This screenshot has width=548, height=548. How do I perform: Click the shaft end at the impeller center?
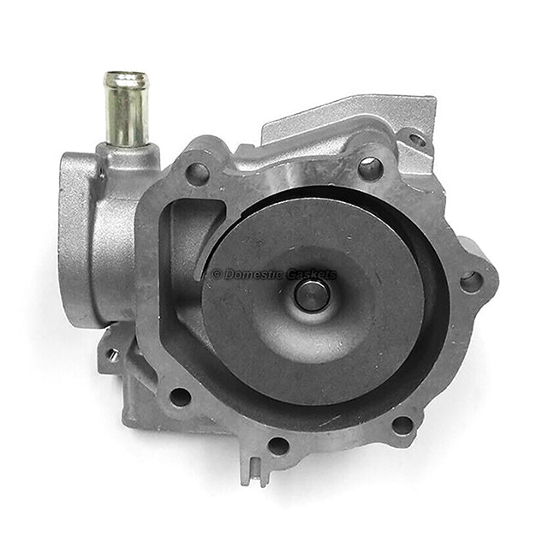(312, 295)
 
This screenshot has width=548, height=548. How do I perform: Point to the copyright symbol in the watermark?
(217, 275)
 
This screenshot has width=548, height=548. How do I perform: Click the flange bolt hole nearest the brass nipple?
(197, 174)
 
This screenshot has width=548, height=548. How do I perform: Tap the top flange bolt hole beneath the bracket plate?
(370, 168)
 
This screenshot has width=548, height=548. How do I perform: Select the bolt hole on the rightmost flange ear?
(471, 281)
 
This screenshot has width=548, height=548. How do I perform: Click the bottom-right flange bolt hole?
(402, 424)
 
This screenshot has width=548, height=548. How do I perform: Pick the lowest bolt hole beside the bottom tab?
(278, 445)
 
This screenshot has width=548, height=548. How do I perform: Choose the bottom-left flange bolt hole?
(180, 396)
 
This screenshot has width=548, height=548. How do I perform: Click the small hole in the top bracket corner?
(417, 139)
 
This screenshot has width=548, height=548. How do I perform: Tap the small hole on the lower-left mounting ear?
(112, 354)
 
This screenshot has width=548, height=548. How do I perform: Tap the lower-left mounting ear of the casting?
(120, 360)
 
